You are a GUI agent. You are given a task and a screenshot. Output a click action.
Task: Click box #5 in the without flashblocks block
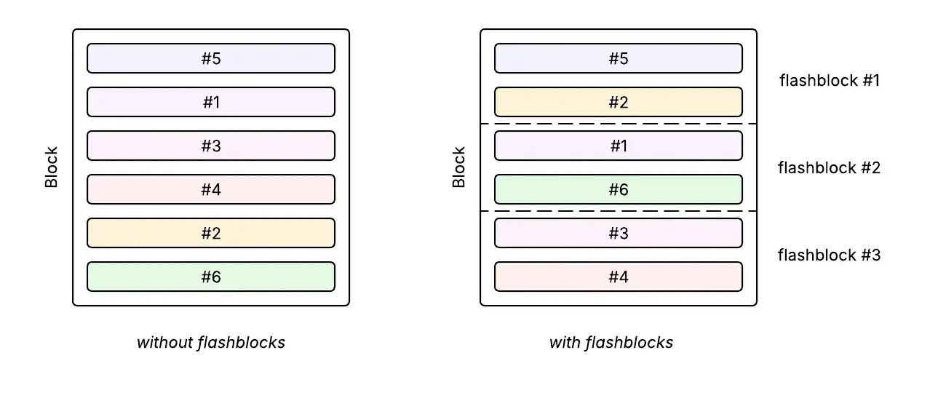point(211,58)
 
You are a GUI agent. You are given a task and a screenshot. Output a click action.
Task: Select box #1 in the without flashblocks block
point(211,102)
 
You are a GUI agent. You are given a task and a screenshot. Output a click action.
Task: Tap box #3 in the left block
point(211,146)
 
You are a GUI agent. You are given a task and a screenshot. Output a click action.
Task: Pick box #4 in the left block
point(211,189)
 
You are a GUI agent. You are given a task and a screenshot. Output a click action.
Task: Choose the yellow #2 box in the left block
point(211,233)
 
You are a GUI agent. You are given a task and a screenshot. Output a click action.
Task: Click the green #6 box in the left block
point(211,277)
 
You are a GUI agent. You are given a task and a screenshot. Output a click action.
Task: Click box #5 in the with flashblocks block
point(619,58)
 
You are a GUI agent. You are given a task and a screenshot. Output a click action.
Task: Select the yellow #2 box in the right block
point(619,102)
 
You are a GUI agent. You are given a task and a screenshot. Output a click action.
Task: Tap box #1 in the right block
point(619,146)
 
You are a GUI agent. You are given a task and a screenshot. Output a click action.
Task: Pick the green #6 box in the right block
point(619,189)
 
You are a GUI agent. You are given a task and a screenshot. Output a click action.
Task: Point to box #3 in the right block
point(619,233)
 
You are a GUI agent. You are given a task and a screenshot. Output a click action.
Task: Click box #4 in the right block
point(619,277)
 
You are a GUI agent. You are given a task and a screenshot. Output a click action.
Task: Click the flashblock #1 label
point(830,81)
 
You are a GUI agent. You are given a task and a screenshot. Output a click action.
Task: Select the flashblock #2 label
point(830,168)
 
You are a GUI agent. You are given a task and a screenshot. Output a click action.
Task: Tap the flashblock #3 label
point(830,255)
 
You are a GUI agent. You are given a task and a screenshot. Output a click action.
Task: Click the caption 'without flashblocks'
point(211,342)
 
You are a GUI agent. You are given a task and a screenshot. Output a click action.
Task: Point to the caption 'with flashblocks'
point(611,342)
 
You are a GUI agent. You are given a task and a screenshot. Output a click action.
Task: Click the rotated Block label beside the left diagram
point(52,167)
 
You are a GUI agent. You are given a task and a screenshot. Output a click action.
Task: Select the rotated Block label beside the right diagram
point(459,167)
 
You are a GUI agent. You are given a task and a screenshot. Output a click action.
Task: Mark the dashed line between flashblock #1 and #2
point(619,124)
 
